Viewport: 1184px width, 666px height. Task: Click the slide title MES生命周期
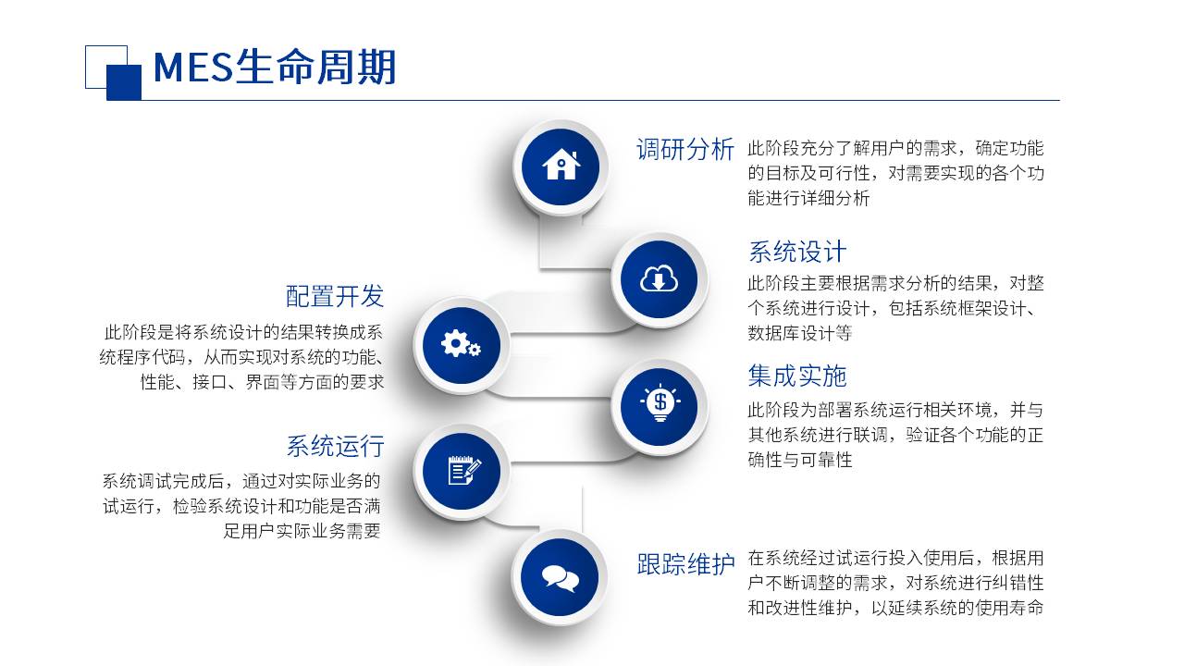275,68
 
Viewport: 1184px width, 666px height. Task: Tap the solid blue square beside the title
124,82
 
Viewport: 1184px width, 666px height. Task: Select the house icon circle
561,167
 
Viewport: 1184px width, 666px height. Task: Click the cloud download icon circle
660,279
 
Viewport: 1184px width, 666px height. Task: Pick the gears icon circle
462,345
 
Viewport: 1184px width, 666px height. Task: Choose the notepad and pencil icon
464,471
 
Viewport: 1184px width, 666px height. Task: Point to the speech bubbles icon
561,578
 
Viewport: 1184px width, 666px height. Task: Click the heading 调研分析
685,149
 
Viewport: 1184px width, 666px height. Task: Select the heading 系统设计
797,252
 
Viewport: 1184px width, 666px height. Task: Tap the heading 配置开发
335,296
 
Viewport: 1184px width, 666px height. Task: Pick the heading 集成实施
797,376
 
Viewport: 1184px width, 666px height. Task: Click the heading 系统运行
335,446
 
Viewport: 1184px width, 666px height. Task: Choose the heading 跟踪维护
685,564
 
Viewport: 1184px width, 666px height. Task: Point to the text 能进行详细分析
808,198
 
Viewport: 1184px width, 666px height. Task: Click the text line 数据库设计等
800,333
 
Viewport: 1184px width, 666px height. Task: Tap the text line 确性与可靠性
800,460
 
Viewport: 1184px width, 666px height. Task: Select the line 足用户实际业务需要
302,531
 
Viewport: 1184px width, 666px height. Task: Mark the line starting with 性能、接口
262,382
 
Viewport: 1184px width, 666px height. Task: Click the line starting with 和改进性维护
895,608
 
